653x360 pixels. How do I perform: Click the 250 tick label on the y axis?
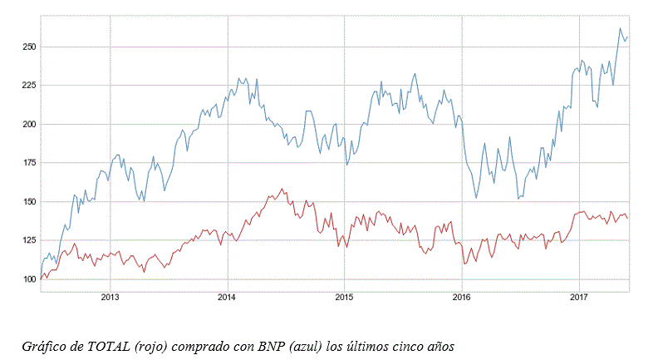tap(29, 47)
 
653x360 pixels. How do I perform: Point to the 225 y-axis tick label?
tap(29, 86)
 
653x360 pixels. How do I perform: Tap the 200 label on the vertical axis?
tap(29, 124)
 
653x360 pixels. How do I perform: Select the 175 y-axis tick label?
tap(29, 163)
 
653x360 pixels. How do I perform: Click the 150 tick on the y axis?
tap(29, 202)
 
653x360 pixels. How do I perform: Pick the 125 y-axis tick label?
tap(29, 240)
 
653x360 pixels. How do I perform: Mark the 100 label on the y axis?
tap(29, 279)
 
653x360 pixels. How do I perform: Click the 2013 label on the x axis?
tap(110, 297)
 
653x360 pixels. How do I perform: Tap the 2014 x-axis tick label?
tap(228, 297)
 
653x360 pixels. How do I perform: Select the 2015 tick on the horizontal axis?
tap(345, 297)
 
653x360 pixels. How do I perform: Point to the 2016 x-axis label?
tap(462, 297)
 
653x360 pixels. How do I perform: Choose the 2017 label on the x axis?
tap(579, 297)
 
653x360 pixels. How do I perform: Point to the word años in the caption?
tap(440, 347)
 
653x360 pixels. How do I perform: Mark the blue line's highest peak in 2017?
tap(620, 28)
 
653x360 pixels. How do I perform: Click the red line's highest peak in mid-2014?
tap(282, 189)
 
